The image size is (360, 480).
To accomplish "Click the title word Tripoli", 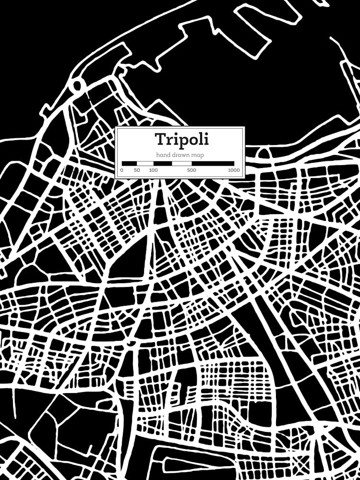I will (181, 139).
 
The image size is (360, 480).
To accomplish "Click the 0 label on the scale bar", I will (122, 170).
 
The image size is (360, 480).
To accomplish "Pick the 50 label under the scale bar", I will (137, 170).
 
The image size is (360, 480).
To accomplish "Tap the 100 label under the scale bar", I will (153, 170).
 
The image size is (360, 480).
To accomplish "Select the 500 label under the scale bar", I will (191, 170).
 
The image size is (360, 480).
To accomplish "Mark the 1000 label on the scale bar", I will (234, 170).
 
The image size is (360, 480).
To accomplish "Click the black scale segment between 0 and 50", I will (130, 163).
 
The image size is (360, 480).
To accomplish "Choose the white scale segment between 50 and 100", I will (145, 163).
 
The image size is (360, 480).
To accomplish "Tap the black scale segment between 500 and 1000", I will (213, 163).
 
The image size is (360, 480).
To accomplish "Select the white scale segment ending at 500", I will (182, 163).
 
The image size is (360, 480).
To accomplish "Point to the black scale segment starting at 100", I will (163, 163).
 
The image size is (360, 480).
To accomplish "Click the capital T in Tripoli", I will (160, 139).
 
